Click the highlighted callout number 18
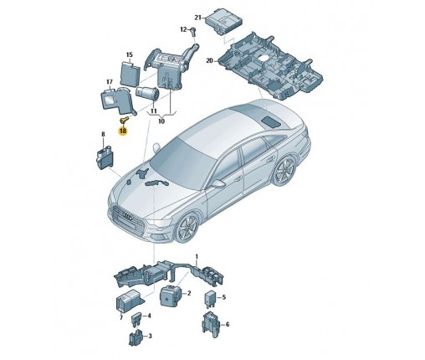pos(123,131)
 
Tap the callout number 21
pos(197,18)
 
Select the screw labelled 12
pos(193,32)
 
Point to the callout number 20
pos(209,60)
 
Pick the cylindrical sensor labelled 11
pos(147,93)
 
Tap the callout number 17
pos(110,82)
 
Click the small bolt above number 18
pos(124,120)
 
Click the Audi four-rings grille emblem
pos(129,217)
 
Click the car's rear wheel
pos(284,170)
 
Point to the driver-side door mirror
pos(218,183)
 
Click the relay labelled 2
pos(170,296)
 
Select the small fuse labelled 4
pos(136,321)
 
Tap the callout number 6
pos(228,324)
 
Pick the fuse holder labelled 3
pos(136,337)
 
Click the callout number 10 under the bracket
pos(161,121)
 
